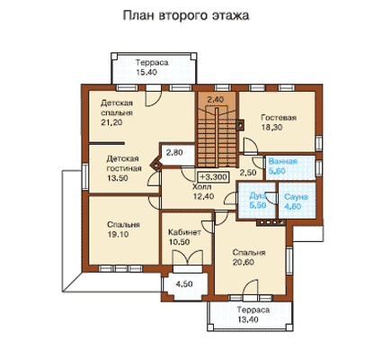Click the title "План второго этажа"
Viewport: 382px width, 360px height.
186,16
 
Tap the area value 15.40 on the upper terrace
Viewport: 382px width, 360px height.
147,72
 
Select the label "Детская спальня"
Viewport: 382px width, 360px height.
117,108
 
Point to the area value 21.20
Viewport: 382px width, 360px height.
111,122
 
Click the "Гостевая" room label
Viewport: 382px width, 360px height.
279,117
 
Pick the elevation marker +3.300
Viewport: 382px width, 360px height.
213,177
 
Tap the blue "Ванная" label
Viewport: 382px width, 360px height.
282,161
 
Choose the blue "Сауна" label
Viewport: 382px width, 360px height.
296,197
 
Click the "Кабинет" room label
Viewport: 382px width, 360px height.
184,232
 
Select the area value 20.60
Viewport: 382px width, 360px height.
244,262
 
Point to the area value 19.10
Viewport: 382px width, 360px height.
118,234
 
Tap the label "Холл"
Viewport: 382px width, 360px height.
201,187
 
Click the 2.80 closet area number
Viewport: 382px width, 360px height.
174,152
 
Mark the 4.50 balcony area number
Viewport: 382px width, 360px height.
184,283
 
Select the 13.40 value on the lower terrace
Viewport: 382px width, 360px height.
248,319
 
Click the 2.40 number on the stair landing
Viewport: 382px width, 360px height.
216,99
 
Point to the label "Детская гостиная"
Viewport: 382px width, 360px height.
124,164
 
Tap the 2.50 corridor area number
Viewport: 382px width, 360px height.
248,173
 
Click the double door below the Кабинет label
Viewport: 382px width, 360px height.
188,257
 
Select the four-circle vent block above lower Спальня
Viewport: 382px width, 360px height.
270,222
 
